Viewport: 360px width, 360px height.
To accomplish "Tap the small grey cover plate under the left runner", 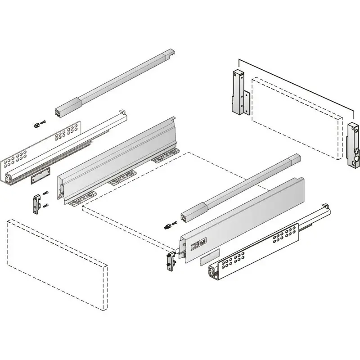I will [x=40, y=175].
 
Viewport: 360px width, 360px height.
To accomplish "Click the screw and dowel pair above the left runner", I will [x=39, y=124].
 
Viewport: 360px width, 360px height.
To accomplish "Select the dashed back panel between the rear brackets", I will [x=295, y=117].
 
